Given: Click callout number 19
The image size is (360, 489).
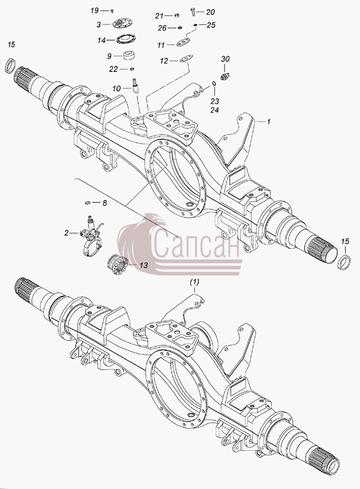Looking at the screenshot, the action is click(x=94, y=11).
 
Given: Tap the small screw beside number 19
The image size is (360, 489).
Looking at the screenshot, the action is click(x=112, y=11).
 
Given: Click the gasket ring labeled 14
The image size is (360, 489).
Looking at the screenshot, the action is click(x=124, y=40).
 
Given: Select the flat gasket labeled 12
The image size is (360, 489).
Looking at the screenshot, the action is click(x=186, y=59).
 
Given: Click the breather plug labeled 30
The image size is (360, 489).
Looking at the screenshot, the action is click(x=225, y=76).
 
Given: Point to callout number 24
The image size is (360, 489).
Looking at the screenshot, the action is click(x=215, y=110).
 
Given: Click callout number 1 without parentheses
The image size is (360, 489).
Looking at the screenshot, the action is click(x=268, y=121).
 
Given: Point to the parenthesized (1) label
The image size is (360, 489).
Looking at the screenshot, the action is click(x=194, y=282).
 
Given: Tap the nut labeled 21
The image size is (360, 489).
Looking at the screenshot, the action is click(x=177, y=16).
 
